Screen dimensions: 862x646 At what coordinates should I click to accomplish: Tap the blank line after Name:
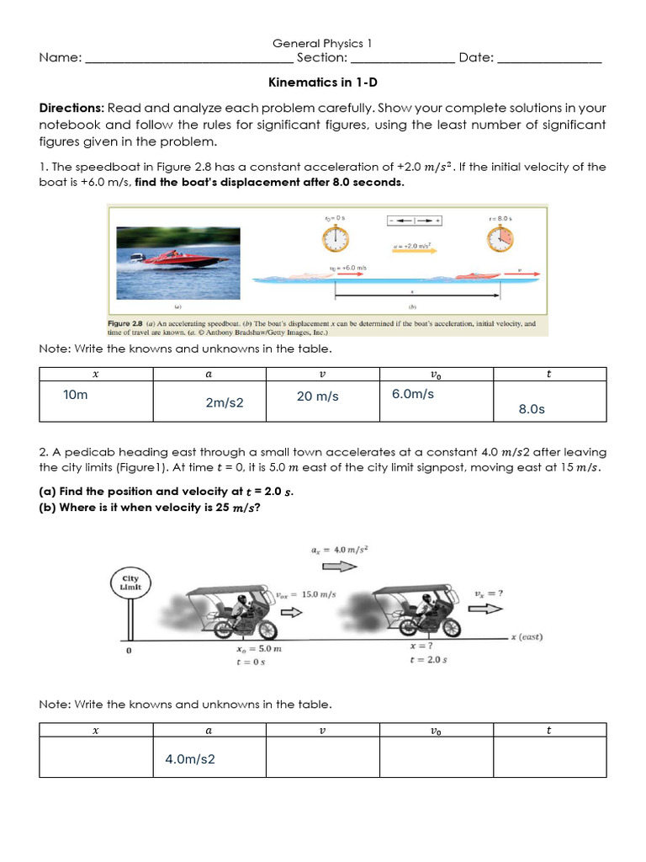point(189,59)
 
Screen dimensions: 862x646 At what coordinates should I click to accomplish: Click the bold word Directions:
point(71,109)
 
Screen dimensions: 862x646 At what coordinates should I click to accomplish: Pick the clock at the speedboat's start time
point(334,240)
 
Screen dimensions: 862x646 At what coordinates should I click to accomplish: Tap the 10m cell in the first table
point(75,395)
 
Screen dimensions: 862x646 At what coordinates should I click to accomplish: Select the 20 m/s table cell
point(317,396)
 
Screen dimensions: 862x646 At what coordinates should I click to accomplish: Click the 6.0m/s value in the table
point(413,394)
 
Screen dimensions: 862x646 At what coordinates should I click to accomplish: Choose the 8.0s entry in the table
point(532,409)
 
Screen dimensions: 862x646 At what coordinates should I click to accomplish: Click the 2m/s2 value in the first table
point(225,403)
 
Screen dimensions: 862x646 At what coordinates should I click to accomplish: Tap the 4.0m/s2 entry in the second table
point(190,759)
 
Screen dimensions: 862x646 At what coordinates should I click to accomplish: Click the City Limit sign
point(131,583)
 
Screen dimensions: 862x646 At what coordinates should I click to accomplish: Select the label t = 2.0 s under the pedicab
point(427,660)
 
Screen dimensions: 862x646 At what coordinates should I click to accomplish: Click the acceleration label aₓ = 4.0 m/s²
point(341,550)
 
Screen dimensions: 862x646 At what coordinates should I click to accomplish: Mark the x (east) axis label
point(527,637)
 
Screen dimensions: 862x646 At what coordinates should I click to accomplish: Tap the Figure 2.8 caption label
point(130,323)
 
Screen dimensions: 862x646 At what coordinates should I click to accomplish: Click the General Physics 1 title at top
point(322,43)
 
